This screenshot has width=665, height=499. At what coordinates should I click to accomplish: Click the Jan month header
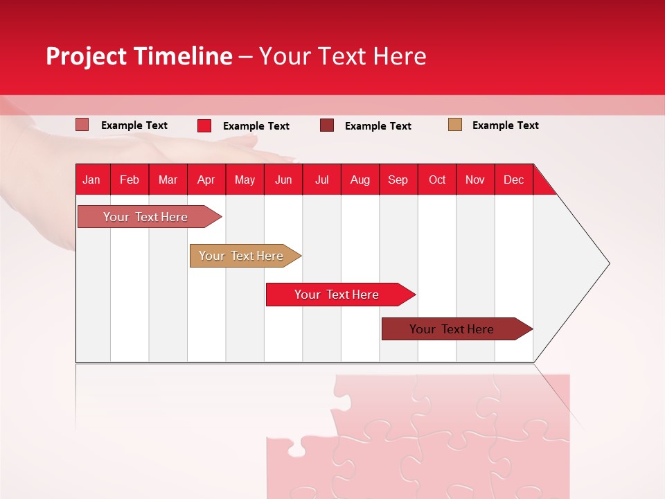tap(91, 180)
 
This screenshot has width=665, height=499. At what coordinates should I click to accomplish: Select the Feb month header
tap(130, 180)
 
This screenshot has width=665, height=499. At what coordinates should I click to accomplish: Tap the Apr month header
tap(206, 180)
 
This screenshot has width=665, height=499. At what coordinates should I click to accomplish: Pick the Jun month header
tap(283, 180)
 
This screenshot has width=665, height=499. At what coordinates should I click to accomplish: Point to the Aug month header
tap(360, 180)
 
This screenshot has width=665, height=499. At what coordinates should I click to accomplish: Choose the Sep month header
tap(398, 180)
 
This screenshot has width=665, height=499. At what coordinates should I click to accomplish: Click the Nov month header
tap(475, 180)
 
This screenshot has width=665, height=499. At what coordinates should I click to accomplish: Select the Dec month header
tap(513, 180)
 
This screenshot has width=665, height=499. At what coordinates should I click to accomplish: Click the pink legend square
tap(82, 125)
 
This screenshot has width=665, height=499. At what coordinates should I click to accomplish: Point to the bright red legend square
tap(204, 125)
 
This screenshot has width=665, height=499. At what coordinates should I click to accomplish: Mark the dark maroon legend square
tap(327, 125)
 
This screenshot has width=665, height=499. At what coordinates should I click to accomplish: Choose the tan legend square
tap(455, 125)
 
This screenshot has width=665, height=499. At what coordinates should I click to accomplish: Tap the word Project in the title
tap(87, 56)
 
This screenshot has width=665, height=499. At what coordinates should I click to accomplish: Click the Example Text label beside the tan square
tap(505, 125)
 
